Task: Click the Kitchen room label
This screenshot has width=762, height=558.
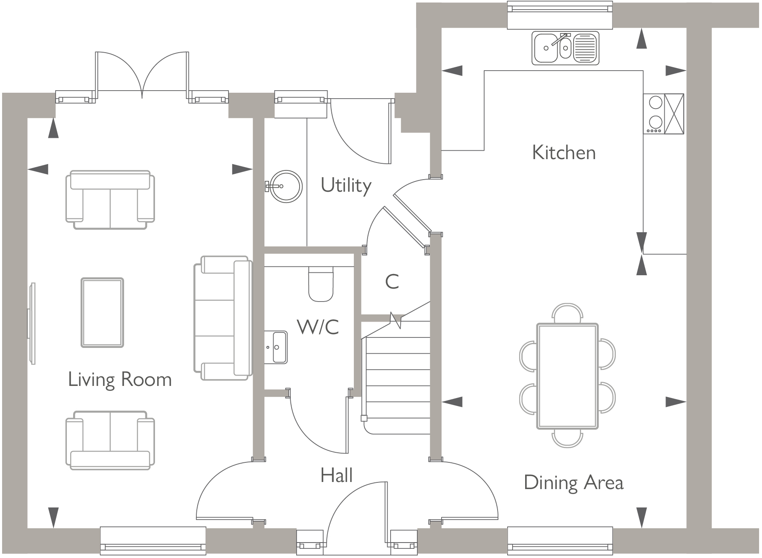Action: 564,152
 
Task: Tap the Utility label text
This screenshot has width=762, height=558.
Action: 346,185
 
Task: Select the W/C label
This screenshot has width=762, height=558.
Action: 318,327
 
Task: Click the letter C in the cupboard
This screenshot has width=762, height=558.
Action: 392,282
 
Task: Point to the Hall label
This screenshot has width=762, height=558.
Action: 336,475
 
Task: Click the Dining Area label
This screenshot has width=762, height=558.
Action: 573,483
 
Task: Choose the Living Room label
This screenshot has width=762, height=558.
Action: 120,380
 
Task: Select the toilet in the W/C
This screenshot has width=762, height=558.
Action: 321,284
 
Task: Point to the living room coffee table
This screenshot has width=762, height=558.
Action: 102,312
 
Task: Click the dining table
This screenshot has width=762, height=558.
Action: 567,376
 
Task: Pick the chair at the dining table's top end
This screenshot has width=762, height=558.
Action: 567,313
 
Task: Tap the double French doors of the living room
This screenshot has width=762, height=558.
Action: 142,75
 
